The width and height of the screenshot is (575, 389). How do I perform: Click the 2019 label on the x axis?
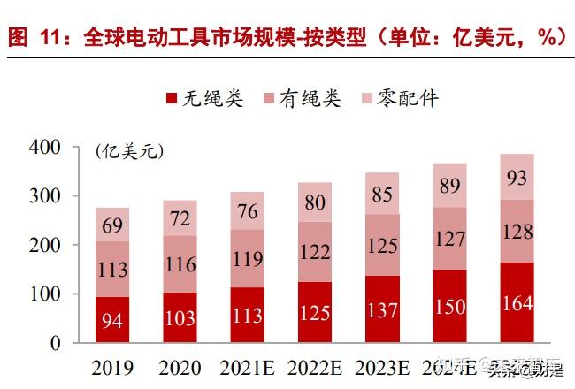tap(112, 365)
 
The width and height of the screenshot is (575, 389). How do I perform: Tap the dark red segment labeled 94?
tap(112, 320)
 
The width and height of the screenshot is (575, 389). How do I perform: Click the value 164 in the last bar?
tap(516, 303)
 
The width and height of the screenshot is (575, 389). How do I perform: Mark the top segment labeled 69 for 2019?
tap(112, 225)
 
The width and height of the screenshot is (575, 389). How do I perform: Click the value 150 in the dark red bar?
tap(449, 306)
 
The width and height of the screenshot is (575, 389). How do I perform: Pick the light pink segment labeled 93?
tap(516, 177)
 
